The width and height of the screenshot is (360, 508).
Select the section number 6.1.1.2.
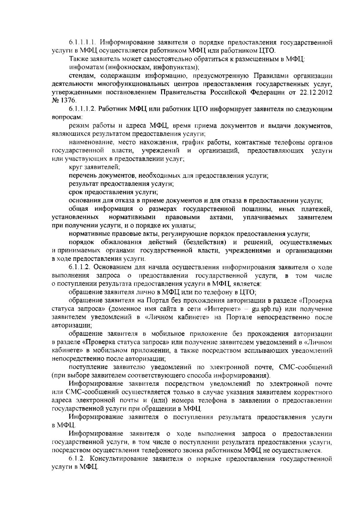click(78, 267)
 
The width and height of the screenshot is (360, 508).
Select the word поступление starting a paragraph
click(88, 367)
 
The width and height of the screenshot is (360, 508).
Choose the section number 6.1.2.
click(76, 459)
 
